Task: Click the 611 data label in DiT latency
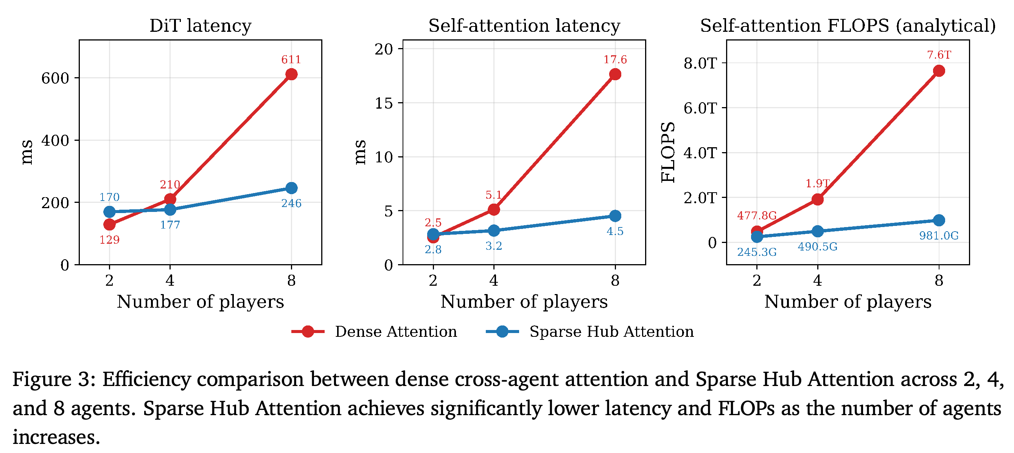(291, 59)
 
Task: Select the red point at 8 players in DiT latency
(291, 74)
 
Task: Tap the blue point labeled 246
(291, 188)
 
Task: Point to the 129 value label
(109, 240)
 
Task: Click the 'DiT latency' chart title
(201, 26)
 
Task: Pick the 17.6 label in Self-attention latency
(615, 59)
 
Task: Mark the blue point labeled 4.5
(615, 216)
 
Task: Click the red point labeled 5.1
(494, 209)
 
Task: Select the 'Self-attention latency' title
(524, 26)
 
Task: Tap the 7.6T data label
(939, 55)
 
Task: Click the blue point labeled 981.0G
(939, 220)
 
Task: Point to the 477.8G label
(757, 216)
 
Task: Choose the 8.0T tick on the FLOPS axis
(700, 63)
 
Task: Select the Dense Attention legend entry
(374, 332)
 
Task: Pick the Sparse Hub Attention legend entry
(589, 332)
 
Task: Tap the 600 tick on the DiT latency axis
(55, 78)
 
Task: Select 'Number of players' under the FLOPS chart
(848, 302)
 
